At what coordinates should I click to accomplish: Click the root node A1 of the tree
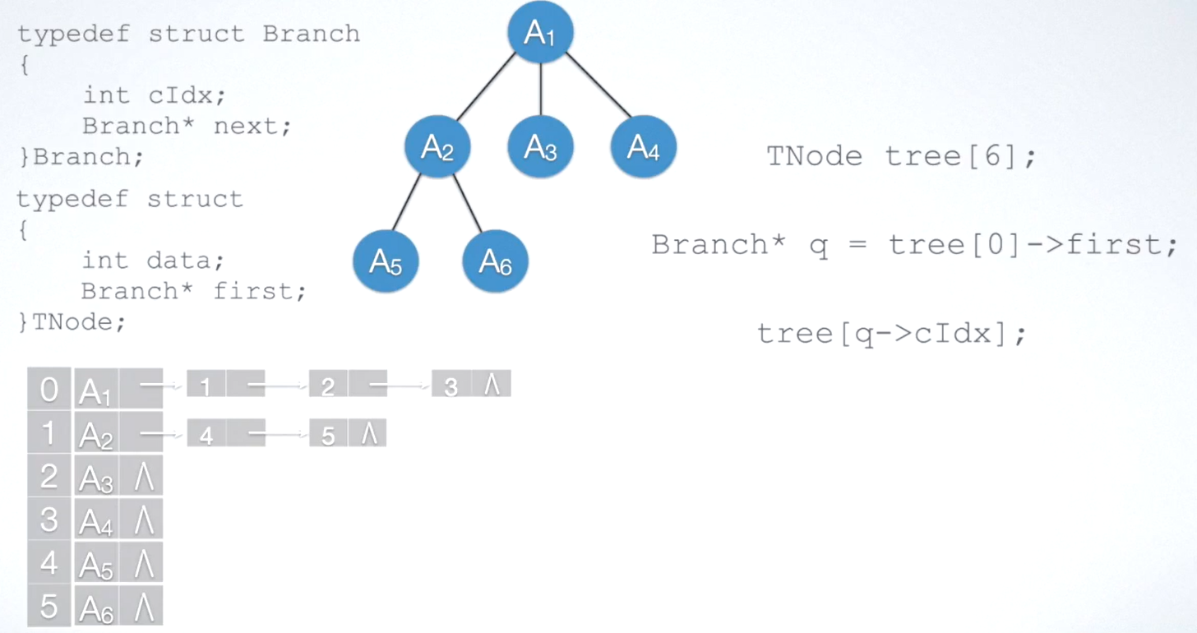click(539, 33)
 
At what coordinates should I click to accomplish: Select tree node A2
click(437, 148)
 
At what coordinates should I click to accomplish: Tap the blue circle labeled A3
click(540, 148)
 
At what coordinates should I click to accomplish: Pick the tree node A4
click(643, 148)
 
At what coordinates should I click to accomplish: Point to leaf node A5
click(386, 261)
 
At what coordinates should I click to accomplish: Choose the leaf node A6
click(495, 261)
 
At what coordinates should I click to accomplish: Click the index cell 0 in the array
click(49, 389)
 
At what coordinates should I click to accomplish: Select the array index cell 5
click(49, 606)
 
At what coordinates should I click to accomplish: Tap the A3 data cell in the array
click(96, 477)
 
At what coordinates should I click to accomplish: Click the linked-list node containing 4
click(206, 434)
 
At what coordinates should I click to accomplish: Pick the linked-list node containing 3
click(451, 385)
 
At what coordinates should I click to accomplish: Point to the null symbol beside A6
click(143, 607)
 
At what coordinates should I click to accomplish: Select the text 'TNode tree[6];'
click(901, 156)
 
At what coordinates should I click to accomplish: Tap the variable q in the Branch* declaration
click(819, 245)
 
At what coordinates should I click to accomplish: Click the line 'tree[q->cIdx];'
click(892, 333)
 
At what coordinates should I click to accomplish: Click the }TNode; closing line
click(72, 322)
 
